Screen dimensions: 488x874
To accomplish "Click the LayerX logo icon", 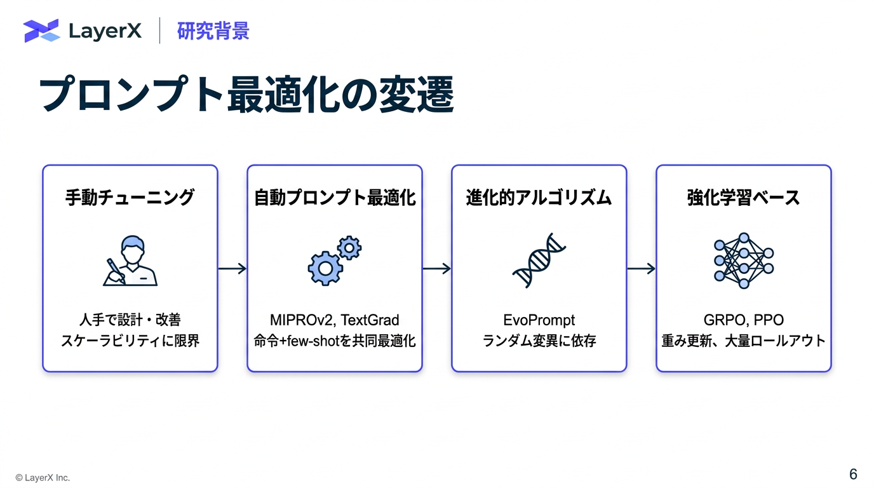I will coord(41,30).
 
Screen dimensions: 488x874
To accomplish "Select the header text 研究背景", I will coord(213,30).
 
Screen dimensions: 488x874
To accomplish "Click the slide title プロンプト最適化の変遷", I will coord(246,96).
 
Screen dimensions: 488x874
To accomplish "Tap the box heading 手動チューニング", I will coord(130,198).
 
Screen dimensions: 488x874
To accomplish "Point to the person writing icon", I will coord(130,262).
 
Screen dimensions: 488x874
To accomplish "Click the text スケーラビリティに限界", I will coord(130,341).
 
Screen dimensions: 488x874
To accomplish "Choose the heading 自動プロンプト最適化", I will coord(335,198).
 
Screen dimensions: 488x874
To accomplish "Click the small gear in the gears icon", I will coord(349,247).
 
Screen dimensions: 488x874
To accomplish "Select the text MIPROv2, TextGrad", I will coord(335,320).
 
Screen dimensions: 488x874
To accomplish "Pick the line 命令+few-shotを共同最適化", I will coord(335,341).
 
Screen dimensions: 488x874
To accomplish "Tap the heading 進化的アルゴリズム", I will coord(539,198).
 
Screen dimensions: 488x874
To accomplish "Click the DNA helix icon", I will coord(539,261).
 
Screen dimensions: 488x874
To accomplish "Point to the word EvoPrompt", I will coord(539,320).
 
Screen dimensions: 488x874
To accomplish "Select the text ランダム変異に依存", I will coord(539,341).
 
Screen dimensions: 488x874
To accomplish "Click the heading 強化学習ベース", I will coord(743,198).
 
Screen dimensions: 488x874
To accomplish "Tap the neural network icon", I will coord(743,261).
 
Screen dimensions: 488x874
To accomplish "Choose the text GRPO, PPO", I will coord(743,320).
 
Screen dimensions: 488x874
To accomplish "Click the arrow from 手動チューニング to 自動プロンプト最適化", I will coord(232,269).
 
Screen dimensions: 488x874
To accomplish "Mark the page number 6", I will coord(853,474).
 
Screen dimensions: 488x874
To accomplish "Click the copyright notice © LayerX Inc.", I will coord(43,478).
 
